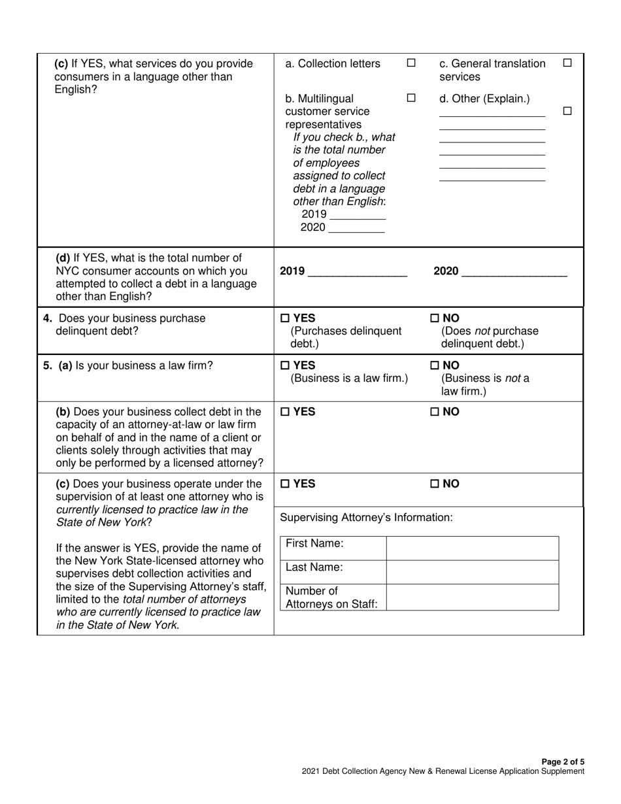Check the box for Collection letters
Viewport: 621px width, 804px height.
411,63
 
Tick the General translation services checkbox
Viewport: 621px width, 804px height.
567,63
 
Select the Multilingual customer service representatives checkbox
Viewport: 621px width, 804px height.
411,99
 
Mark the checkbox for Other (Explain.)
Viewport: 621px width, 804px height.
567,112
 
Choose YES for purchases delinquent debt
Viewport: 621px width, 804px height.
286,318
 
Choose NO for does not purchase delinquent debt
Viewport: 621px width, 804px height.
435,318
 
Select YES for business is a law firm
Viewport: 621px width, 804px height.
286,365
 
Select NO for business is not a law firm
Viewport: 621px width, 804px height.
435,365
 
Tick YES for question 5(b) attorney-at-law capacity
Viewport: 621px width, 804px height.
286,412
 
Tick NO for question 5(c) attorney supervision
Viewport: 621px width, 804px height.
435,484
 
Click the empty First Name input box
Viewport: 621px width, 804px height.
472,548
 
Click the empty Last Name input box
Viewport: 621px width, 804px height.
472,572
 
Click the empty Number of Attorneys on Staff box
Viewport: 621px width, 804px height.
472,597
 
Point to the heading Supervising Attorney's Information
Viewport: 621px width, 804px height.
366,518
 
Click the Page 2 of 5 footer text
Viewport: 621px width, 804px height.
563,762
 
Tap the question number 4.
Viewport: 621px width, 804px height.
47,318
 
